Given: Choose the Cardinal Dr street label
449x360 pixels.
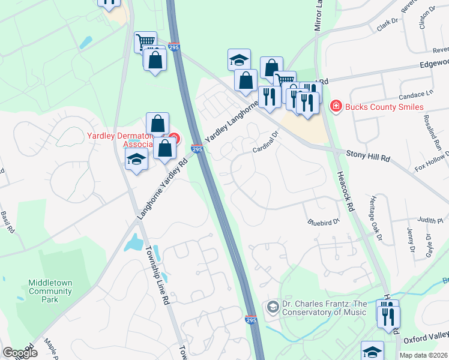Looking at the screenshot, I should pos(267,142).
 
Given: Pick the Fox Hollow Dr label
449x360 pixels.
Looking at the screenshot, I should pos(432,164).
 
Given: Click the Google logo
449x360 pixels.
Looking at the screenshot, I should pos(20,352).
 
